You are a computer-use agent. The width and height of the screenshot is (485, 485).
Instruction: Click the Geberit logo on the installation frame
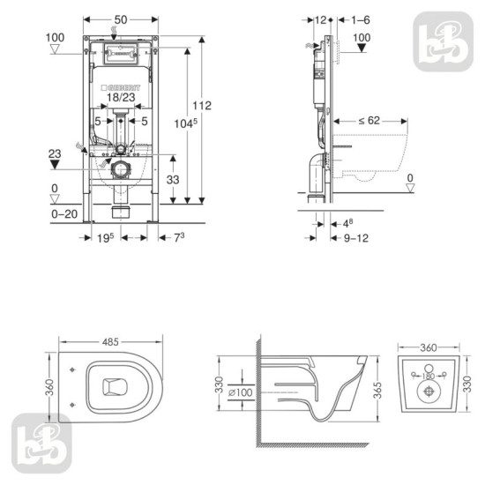click(122, 88)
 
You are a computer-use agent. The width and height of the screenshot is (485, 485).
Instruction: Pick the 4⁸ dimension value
click(350, 223)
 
